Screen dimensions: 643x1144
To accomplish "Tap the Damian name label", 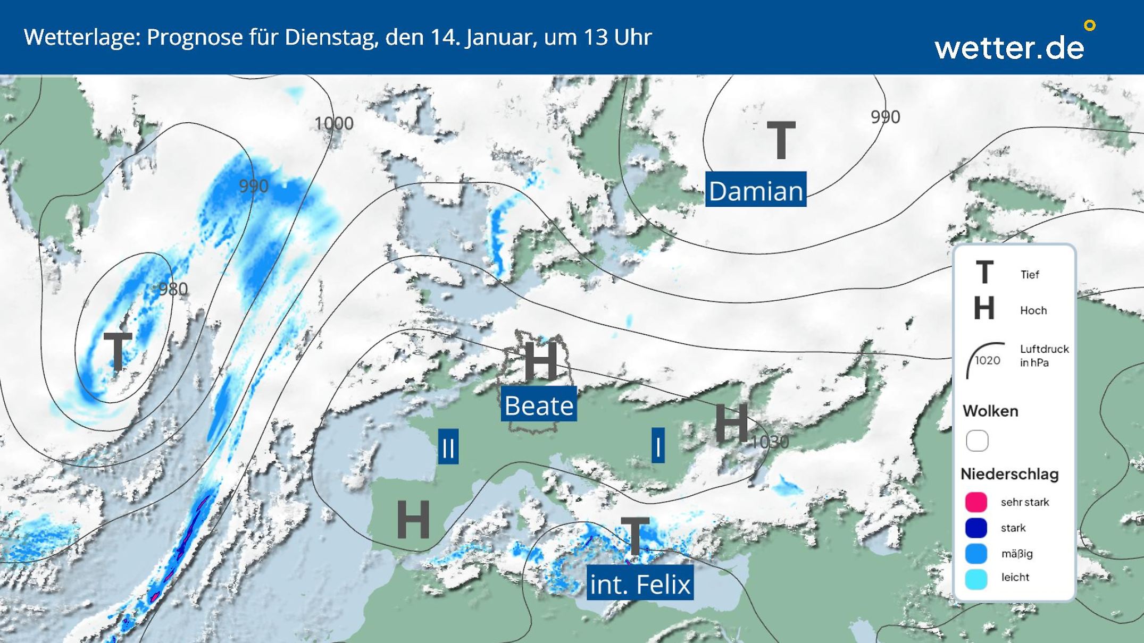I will (x=755, y=190).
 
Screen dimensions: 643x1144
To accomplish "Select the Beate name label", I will (x=539, y=405).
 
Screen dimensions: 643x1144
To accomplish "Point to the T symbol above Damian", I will (x=780, y=140).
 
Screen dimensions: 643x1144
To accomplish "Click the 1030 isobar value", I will (x=770, y=441).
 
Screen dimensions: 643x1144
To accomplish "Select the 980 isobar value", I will (x=173, y=289).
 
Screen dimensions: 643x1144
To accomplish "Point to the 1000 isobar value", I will (x=334, y=123).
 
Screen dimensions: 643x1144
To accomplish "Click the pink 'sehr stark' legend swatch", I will (x=976, y=502).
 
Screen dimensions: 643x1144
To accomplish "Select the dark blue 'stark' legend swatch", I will (x=976, y=528).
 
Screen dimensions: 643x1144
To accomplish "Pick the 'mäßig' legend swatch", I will (x=976, y=553).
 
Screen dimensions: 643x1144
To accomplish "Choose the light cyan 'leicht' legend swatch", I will (x=976, y=578).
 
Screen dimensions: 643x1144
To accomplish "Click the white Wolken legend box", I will (x=977, y=441).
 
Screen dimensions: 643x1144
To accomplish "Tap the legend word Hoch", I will (x=1033, y=310).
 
